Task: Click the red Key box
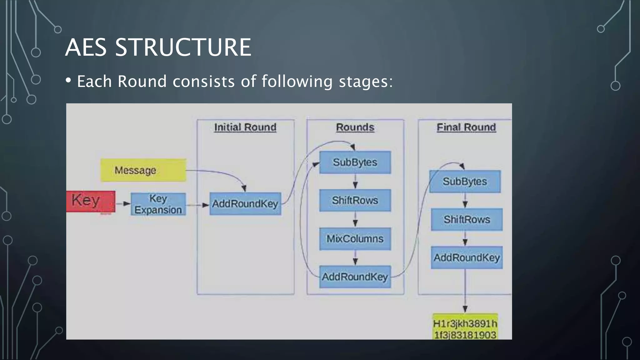pos(91,201)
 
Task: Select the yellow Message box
pos(143,170)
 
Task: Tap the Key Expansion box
pos(158,204)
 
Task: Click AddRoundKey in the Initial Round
pos(245,204)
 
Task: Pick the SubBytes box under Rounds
pos(355,162)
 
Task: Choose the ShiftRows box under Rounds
pos(355,200)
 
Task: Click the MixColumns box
pos(355,239)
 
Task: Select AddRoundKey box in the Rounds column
pos(355,277)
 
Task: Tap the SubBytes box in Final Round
pos(465,182)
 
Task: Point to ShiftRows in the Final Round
pos(467,220)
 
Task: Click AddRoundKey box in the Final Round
pos(467,258)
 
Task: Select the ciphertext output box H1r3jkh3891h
pos(465,327)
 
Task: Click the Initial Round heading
pos(245,127)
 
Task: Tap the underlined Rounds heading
pos(355,127)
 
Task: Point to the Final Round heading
pos(466,127)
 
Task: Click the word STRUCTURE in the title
pos(183,47)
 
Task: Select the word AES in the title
pos(86,47)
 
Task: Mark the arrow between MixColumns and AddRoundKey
pos(355,258)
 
